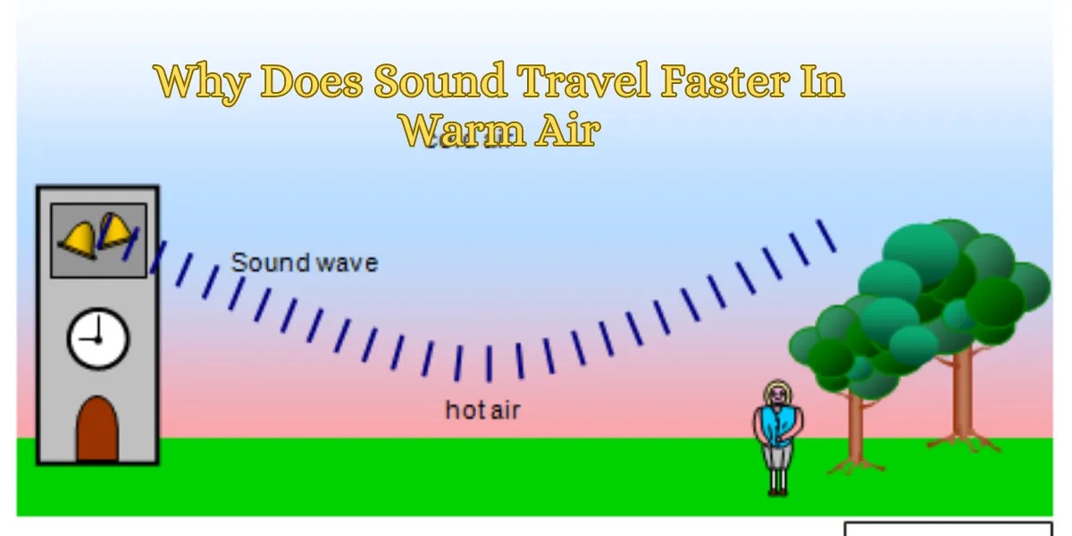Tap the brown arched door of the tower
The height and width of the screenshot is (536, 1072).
click(97, 430)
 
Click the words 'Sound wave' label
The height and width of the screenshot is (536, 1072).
click(304, 263)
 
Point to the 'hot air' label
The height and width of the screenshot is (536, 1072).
click(482, 410)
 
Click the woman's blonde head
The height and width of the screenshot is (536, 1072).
click(777, 393)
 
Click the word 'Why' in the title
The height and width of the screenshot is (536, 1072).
click(200, 83)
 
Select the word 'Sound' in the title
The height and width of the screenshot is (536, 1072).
click(440, 83)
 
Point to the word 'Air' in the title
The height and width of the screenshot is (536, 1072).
click(567, 131)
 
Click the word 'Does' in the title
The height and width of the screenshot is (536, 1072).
click(312, 83)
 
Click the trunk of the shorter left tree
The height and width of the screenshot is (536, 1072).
click(855, 424)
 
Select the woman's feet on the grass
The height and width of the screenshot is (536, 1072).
click(777, 490)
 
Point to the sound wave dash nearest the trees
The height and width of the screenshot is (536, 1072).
click(826, 235)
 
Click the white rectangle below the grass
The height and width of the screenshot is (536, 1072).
click(948, 529)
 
